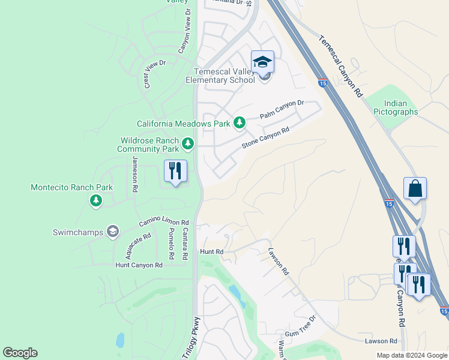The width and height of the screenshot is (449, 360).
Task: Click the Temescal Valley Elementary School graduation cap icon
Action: pos(262,62)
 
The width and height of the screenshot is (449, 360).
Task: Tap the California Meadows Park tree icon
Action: pos(240,123)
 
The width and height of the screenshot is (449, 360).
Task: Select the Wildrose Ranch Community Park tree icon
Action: pos(188,143)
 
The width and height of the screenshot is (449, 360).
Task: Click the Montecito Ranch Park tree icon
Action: pos(95,200)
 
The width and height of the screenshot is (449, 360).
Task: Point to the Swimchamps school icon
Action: pos(112,231)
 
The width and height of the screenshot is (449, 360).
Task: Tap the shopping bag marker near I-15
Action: pos(415,188)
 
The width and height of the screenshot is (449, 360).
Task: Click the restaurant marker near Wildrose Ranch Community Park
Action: pos(175,171)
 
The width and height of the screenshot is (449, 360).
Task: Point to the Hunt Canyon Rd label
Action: pos(139,265)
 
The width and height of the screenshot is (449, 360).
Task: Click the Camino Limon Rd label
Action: pos(163,223)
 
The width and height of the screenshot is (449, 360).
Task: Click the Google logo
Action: pos(20,353)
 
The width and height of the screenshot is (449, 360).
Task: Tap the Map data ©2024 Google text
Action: pos(412,355)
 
